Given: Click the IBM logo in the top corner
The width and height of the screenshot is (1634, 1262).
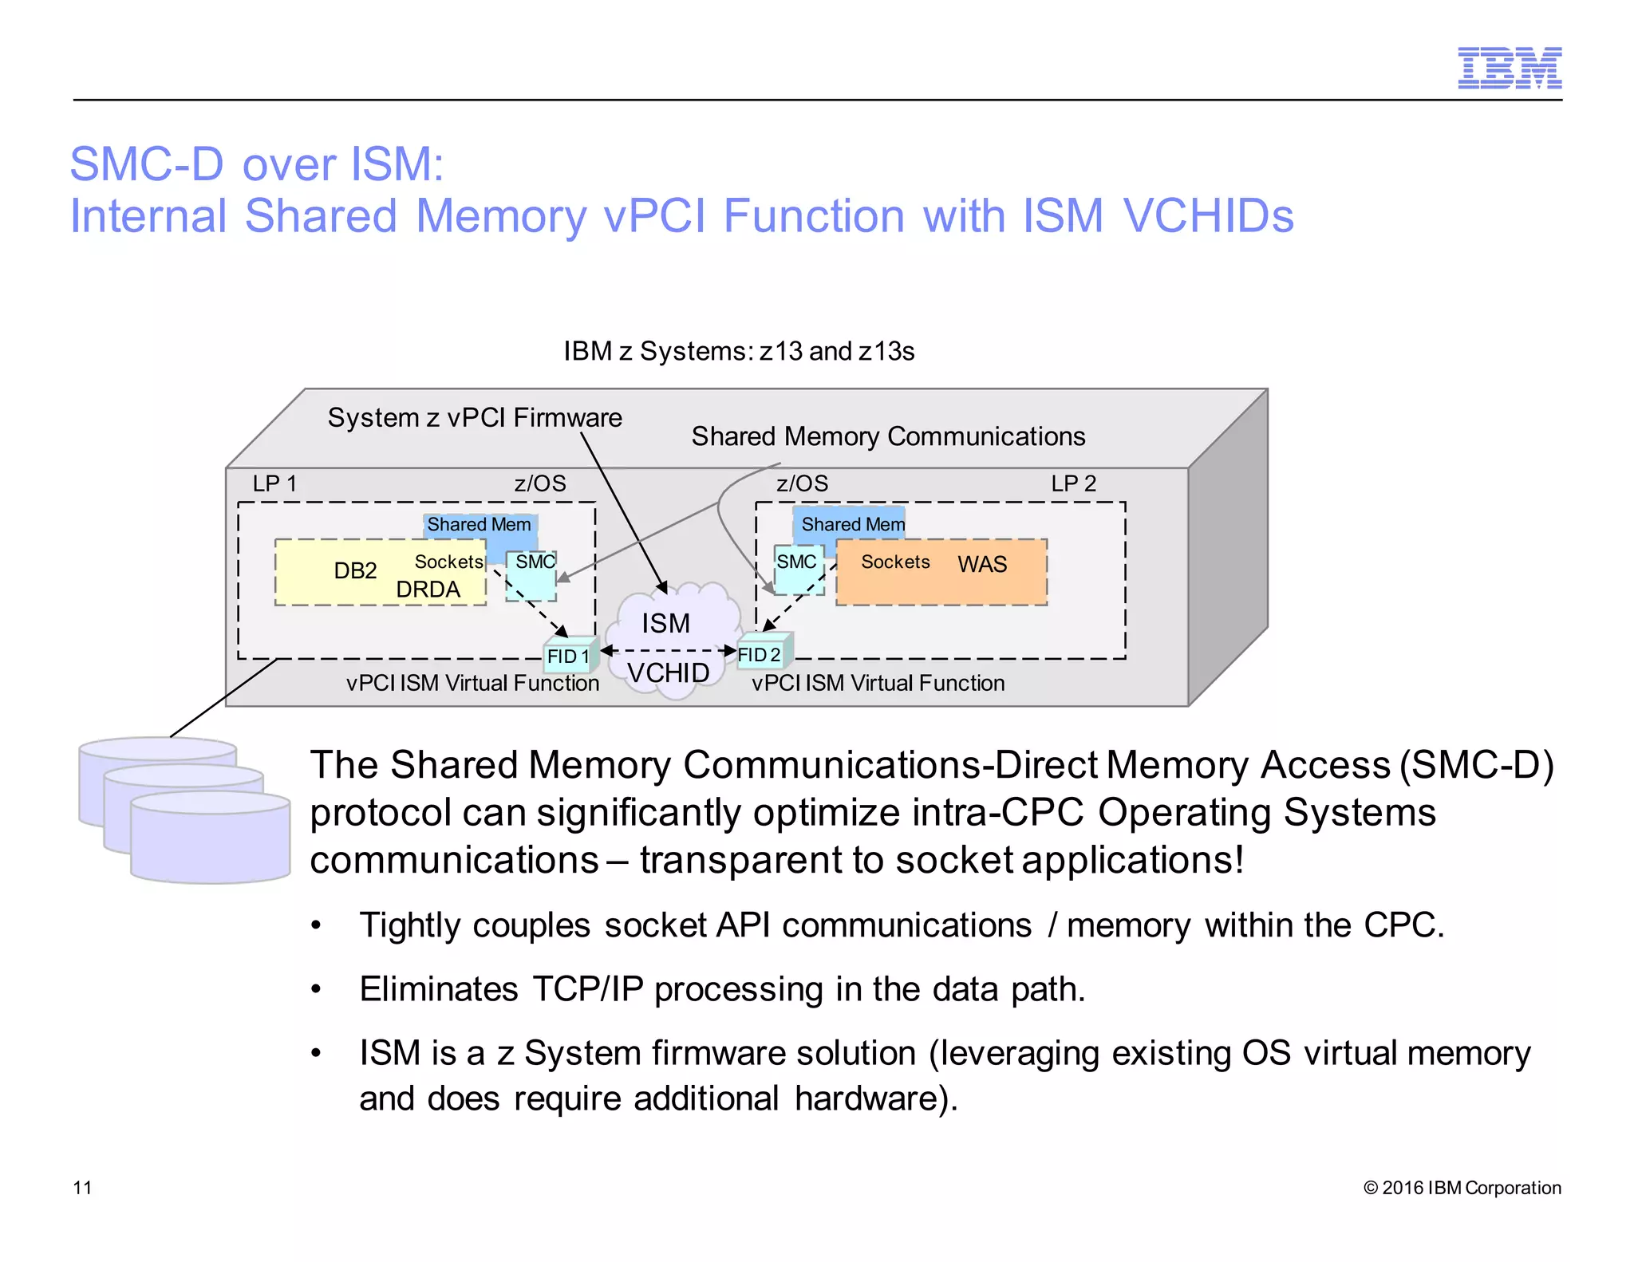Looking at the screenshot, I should pos(1509,68).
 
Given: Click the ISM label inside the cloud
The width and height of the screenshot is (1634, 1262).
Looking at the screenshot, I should pos(665,623).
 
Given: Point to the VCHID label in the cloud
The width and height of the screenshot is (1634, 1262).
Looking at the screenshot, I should pos(668,672).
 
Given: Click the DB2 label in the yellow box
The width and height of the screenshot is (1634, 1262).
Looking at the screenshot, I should pos(355,570).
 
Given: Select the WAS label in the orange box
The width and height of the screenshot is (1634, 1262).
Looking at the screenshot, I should pos(982,564).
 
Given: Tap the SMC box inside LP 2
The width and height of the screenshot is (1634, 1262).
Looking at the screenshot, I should pos(797,569).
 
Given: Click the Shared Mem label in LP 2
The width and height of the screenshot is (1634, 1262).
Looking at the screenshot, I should pos(852,524).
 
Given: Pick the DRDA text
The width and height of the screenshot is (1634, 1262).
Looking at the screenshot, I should pos(428,590).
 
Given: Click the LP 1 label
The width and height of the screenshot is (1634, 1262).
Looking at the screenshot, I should pos(274,483).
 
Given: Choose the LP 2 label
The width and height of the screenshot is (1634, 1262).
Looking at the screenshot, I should pos(1073,483).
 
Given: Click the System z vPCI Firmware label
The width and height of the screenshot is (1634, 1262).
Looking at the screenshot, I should pos(475,417).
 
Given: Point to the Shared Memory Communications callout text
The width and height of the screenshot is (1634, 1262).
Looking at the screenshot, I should pos(887,436).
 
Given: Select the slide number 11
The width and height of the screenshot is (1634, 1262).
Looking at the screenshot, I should pos(82,1187).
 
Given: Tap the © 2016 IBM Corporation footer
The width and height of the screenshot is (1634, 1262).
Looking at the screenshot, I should pos(1462,1187).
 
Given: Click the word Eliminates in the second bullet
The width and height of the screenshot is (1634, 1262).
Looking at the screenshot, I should pos(439,989).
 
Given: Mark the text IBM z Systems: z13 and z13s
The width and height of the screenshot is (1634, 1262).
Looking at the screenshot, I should pos(739,351).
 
